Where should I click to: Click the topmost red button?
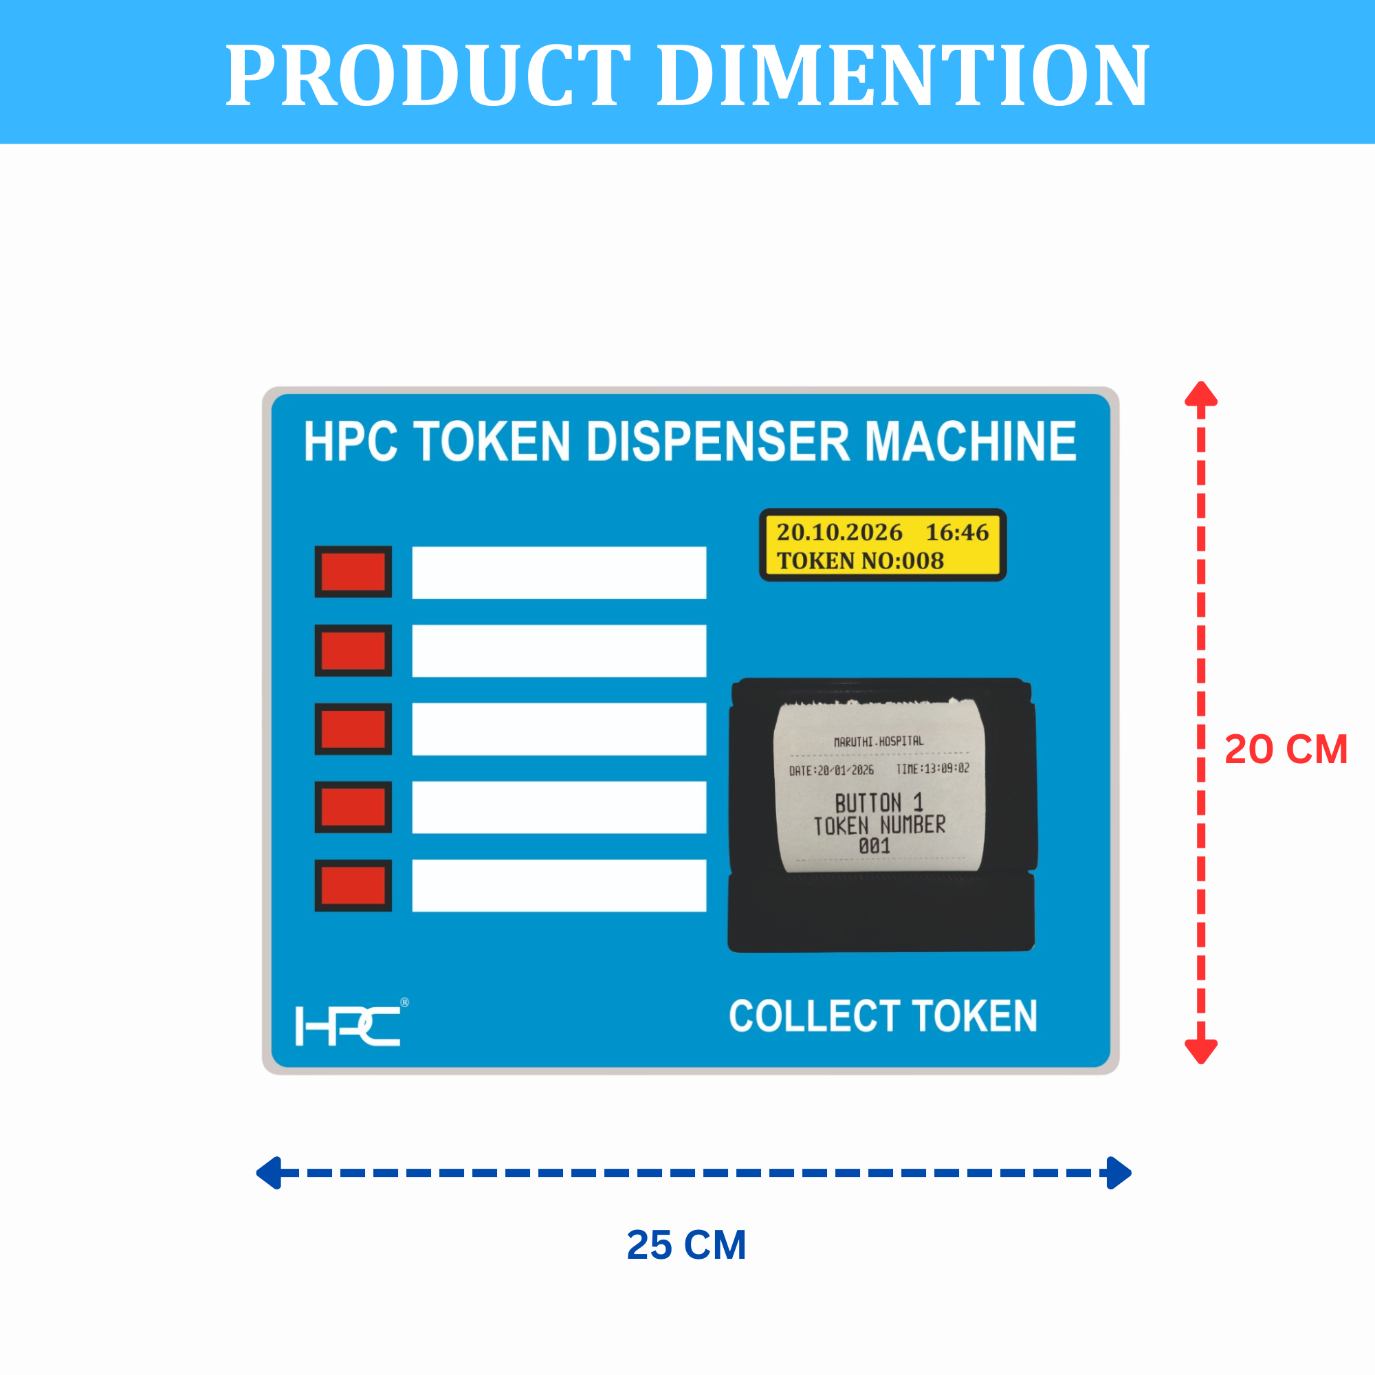[353, 571]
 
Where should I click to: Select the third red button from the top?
[353, 729]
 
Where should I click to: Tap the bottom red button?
[353, 885]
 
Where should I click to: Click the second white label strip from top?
[559, 650]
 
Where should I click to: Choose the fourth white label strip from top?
[559, 807]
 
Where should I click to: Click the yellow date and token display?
[883, 545]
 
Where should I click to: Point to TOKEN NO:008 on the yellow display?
[860, 561]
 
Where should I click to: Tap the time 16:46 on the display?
[956, 531]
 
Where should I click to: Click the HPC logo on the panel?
[349, 1025]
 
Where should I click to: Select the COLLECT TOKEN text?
[883, 1015]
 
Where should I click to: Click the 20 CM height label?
[1286, 749]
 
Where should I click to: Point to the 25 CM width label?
[686, 1245]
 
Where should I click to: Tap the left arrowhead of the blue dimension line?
[269, 1173]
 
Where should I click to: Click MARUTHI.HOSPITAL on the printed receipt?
[878, 742]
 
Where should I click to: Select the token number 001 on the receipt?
[874, 846]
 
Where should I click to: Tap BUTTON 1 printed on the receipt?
[878, 803]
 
